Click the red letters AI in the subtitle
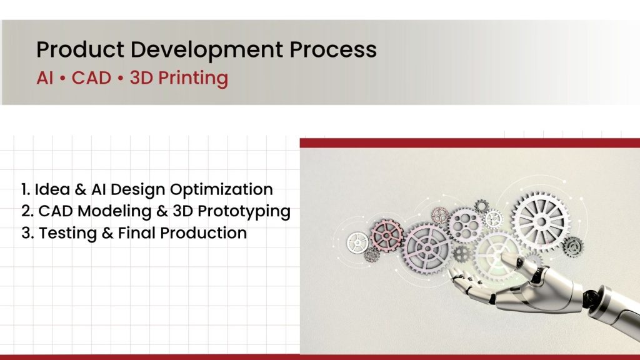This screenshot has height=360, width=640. click(x=46, y=79)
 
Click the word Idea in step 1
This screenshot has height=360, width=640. click(x=49, y=189)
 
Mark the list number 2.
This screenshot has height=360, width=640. click(x=24, y=211)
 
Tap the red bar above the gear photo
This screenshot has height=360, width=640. click(x=469, y=142)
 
